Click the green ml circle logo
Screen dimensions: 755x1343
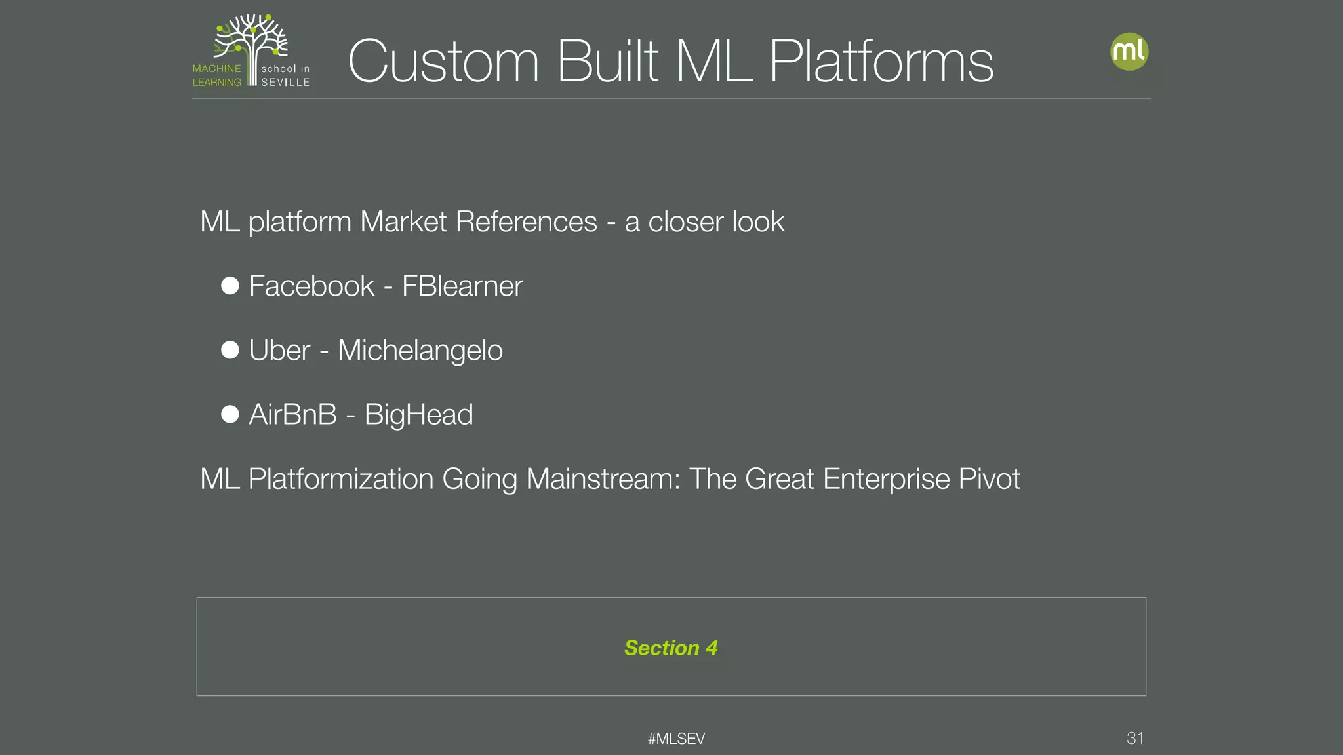[1129, 52]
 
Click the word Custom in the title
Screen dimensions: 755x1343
[443, 62]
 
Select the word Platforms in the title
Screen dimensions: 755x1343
[881, 62]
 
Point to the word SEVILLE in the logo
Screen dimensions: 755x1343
[285, 83]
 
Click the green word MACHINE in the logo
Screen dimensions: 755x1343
[216, 69]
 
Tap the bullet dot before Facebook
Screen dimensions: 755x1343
[230, 286]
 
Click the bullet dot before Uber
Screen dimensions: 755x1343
[230, 350]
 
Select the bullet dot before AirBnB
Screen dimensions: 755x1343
[230, 414]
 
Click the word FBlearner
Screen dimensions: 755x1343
[462, 286]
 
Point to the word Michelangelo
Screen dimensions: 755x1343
[420, 351]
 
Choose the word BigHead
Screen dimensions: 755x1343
[418, 415]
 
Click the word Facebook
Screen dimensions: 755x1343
[311, 286]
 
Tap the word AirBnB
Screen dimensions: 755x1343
[292, 415]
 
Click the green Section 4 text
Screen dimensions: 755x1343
[671, 648]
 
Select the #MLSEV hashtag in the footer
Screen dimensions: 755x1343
[676, 739]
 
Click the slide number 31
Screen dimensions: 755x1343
[1135, 738]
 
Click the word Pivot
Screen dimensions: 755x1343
[989, 479]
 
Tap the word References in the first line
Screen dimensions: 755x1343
[526, 222]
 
